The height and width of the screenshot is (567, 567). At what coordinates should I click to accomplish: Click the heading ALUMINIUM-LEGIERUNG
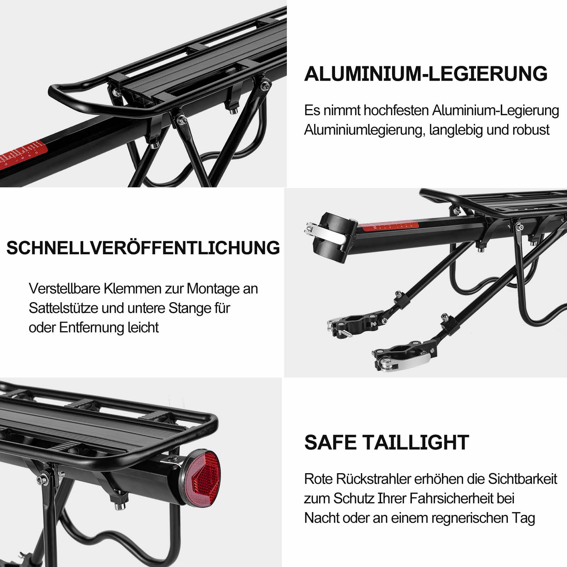[426, 74]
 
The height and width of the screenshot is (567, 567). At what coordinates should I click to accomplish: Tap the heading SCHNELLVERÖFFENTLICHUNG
[143, 248]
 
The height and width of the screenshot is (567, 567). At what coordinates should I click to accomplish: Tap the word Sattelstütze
[63, 308]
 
